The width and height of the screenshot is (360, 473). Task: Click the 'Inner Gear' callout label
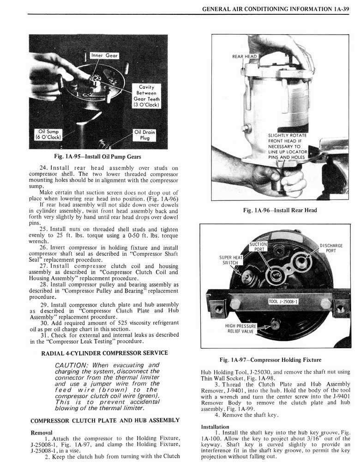pyautogui.click(x=104, y=55)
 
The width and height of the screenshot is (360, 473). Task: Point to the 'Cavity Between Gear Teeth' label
pyautogui.click(x=146, y=96)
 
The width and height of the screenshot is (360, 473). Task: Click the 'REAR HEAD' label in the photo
pyautogui.click(x=244, y=56)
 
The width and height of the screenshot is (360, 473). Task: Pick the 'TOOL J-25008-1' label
pyautogui.click(x=283, y=302)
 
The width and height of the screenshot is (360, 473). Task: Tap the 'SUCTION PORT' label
pyautogui.click(x=258, y=247)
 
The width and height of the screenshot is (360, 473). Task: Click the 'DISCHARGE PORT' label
pyautogui.click(x=331, y=248)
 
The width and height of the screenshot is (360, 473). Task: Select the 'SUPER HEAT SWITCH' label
pyautogui.click(x=231, y=260)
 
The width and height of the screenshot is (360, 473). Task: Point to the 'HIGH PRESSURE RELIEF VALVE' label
pyautogui.click(x=240, y=328)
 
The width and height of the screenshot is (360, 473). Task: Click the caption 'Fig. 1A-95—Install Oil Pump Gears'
pyautogui.click(x=97, y=157)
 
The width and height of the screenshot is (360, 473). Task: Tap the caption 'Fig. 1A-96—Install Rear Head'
pyautogui.click(x=280, y=210)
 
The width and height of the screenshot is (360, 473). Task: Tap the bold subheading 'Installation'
pyautogui.click(x=216, y=426)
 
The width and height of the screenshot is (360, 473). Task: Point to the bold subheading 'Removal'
pyautogui.click(x=42, y=432)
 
